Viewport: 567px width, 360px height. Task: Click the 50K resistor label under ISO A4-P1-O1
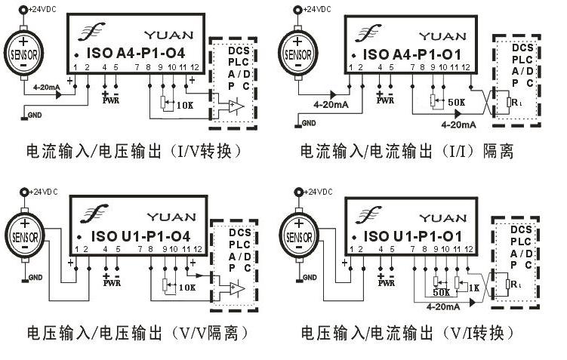coord(456,102)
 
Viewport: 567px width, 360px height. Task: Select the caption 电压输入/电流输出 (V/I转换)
coord(408,333)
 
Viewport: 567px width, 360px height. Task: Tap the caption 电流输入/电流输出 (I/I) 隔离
coord(408,152)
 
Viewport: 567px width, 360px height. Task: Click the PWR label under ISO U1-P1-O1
coord(386,284)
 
